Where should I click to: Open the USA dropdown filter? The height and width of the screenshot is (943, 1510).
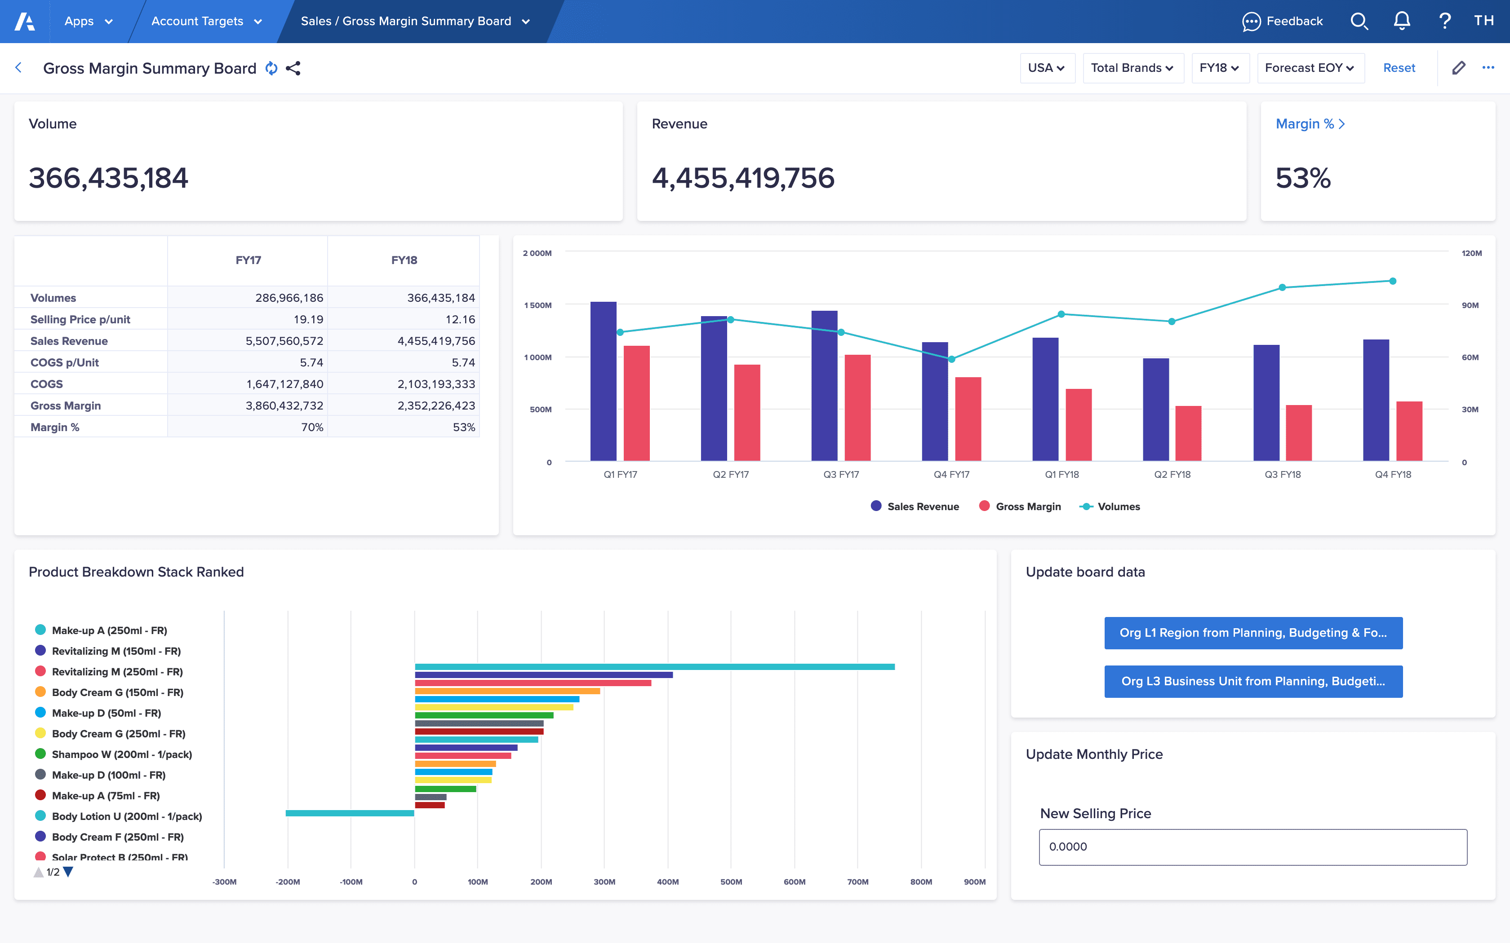1046,68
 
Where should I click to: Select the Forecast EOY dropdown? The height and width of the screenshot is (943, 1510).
1309,68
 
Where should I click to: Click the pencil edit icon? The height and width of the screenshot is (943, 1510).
1458,68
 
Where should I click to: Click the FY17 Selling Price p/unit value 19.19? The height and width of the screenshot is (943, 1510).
308,319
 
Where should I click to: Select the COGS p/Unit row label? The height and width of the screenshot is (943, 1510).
64,362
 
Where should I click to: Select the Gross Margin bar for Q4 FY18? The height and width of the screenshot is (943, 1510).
1408,431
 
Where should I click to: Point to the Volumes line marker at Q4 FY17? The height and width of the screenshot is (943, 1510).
951,359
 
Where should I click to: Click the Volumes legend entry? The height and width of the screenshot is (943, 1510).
1110,507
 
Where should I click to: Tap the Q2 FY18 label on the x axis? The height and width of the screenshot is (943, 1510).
1172,475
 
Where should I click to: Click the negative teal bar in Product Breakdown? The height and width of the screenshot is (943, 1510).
350,813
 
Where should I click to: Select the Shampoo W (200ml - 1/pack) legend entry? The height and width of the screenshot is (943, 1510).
122,754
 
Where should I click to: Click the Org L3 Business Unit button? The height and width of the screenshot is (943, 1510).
1253,681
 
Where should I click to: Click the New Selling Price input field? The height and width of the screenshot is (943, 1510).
1252,846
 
